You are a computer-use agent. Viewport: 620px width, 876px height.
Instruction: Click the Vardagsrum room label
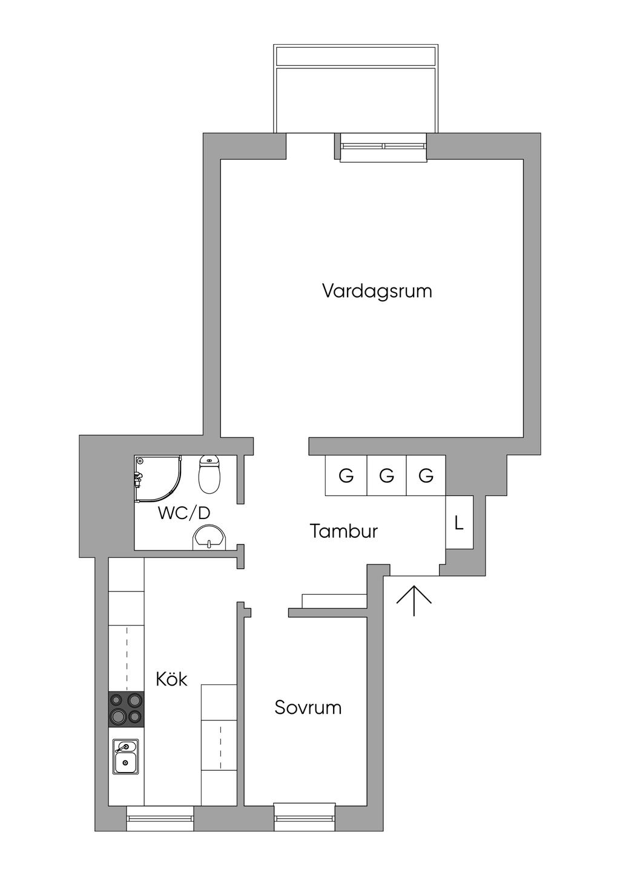coord(377,291)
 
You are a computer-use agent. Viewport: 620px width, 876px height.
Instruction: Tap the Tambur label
coord(343,531)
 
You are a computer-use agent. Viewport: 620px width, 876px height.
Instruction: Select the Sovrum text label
coord(308,707)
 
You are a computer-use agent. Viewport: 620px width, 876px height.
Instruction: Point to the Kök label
coord(171,679)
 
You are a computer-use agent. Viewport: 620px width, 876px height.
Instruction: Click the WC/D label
coord(183,513)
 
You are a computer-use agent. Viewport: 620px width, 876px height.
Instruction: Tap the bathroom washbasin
coord(209,538)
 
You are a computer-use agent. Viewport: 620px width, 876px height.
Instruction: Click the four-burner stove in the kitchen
coord(127,709)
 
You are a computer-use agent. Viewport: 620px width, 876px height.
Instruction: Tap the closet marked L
coord(459,523)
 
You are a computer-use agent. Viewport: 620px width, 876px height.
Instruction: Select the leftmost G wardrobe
coord(346,476)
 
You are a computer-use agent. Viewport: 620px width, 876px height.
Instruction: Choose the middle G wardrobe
coord(386,476)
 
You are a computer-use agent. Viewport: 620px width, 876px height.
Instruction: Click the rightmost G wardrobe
coord(426,476)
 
